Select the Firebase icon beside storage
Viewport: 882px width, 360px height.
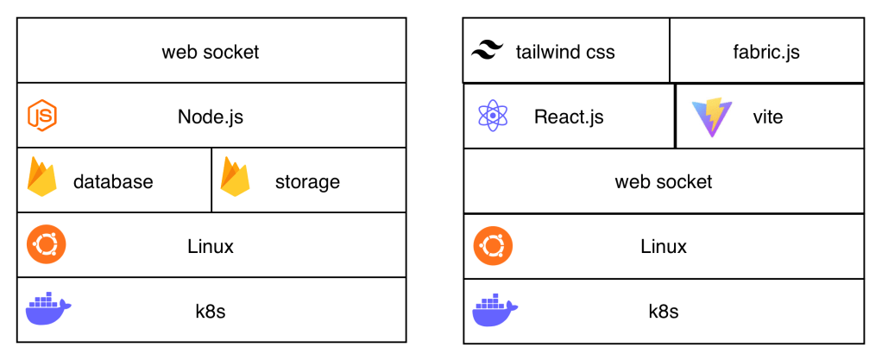(x=235, y=178)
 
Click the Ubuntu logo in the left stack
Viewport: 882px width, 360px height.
(x=46, y=245)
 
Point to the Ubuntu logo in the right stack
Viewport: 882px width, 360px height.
(x=494, y=246)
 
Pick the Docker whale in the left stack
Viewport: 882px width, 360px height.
(x=48, y=309)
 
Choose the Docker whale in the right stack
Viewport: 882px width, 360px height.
(x=495, y=309)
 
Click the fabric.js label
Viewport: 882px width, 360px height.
(x=765, y=52)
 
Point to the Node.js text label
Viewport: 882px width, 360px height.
(x=211, y=117)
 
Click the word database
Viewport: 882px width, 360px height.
(x=113, y=181)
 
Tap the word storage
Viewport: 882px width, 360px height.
(x=307, y=181)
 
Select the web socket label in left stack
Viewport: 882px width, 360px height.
(x=211, y=52)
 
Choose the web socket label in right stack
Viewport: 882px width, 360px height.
(x=664, y=181)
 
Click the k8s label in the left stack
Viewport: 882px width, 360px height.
(x=211, y=311)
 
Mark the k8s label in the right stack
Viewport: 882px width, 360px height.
(x=664, y=311)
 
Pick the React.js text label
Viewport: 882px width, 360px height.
(x=569, y=117)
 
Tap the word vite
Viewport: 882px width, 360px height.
(x=767, y=117)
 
